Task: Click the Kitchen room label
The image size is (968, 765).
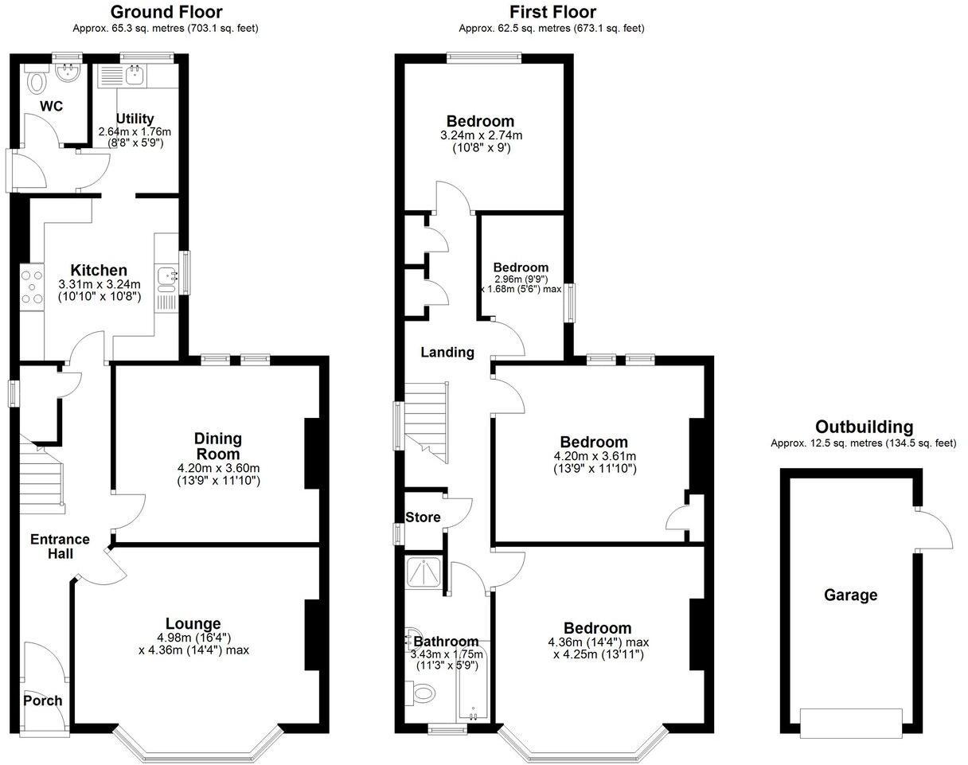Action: (x=99, y=270)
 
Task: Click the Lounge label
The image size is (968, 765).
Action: (x=193, y=623)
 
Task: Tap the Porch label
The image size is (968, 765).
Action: (x=42, y=701)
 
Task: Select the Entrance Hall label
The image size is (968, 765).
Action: (x=60, y=546)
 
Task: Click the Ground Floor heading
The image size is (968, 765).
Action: (x=166, y=12)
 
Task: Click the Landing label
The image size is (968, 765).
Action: (x=447, y=352)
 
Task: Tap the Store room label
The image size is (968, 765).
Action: (x=423, y=517)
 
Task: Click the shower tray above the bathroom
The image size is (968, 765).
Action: (x=425, y=572)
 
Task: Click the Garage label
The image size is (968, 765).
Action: (x=850, y=595)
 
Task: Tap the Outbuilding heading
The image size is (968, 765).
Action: (x=864, y=427)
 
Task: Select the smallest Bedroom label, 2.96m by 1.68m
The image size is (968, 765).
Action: (x=521, y=267)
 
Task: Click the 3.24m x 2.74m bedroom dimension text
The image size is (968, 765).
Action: (x=480, y=135)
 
